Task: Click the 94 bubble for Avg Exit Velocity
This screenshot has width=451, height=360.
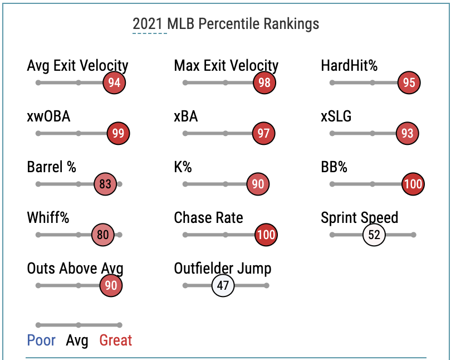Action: (114, 83)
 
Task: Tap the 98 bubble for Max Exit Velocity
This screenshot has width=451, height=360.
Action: (264, 83)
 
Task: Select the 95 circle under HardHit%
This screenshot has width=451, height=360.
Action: (409, 83)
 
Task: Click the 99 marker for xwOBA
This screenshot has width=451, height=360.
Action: (118, 133)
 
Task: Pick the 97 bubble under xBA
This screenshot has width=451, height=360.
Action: (263, 133)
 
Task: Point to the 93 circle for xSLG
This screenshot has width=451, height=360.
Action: (407, 133)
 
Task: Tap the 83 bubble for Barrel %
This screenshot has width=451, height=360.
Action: (104, 184)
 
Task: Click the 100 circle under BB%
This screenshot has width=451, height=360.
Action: (413, 184)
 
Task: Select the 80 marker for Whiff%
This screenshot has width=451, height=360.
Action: (102, 235)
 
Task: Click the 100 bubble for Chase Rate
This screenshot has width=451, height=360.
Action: (266, 235)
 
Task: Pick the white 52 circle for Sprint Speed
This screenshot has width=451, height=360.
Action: (374, 235)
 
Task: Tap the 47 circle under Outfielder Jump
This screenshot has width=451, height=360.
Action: (223, 285)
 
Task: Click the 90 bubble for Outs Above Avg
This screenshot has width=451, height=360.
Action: (111, 285)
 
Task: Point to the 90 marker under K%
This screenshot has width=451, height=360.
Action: (258, 184)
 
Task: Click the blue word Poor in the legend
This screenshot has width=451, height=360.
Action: (41, 340)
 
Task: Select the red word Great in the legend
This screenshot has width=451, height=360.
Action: (116, 340)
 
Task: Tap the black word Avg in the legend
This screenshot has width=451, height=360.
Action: (77, 340)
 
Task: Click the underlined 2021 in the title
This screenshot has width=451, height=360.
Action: (149, 24)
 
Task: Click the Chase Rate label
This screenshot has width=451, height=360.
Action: (208, 217)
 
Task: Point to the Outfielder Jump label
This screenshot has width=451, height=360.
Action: (222, 268)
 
